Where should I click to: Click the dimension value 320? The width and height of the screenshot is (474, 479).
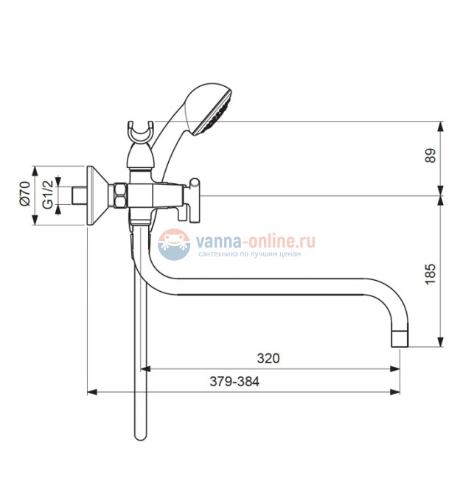pos(268,358)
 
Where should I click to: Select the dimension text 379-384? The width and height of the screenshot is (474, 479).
pos(234,382)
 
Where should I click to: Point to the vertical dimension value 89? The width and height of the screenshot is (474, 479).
pos(431,155)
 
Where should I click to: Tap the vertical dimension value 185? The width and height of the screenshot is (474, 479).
pos(431,273)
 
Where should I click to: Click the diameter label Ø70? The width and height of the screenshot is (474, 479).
pos(26,194)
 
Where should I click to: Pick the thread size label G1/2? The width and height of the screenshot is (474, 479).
pos(48,195)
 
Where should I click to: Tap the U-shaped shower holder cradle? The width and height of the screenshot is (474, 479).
pos(140,133)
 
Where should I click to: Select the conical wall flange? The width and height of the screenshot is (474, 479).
pos(97,195)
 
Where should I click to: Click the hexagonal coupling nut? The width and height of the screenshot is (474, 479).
pos(120,195)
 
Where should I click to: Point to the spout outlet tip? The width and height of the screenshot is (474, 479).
pos(400,339)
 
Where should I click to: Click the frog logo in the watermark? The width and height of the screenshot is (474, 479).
pos(173,245)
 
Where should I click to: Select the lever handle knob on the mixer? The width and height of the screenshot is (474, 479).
pos(195,200)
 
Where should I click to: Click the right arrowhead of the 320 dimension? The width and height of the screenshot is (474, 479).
pos(395,369)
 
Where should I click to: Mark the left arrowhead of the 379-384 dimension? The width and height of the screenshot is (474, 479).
pos(92,392)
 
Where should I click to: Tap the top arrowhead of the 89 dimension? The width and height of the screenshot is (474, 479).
pos(440,127)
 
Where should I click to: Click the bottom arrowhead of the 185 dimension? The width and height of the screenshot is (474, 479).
pos(440,342)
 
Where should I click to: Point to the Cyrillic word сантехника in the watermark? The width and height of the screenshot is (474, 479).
pos(217,254)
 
